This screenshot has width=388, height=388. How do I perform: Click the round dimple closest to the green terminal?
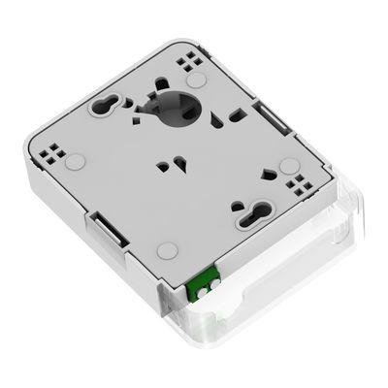(167, 249)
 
